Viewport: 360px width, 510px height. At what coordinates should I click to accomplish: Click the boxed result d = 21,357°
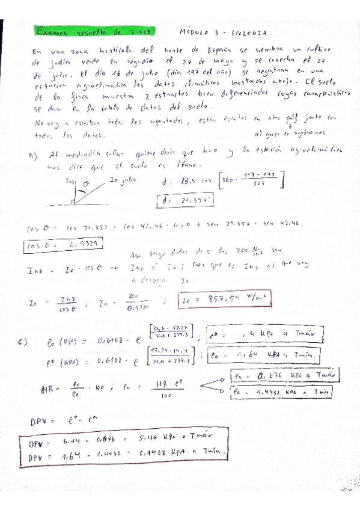click(182, 201)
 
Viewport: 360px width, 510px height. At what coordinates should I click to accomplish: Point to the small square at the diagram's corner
click(72, 202)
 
